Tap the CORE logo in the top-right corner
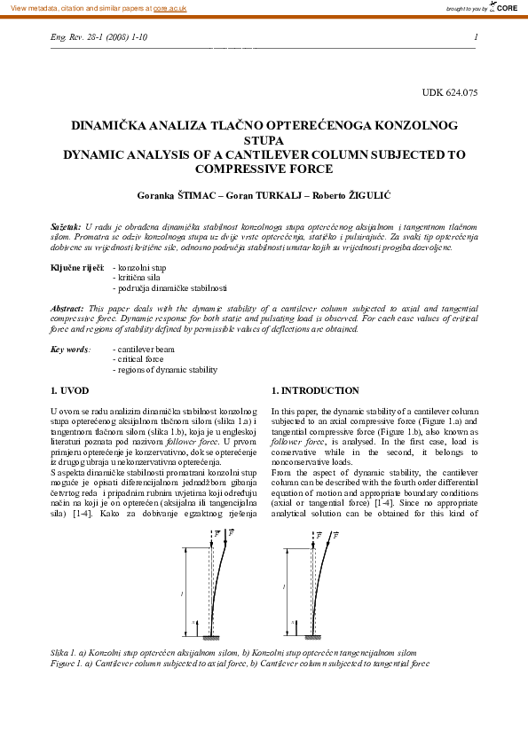coord(504,8)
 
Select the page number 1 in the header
coord(477,37)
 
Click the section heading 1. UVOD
coord(70,391)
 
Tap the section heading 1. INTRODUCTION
coord(315,391)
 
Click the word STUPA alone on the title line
coord(264,140)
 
